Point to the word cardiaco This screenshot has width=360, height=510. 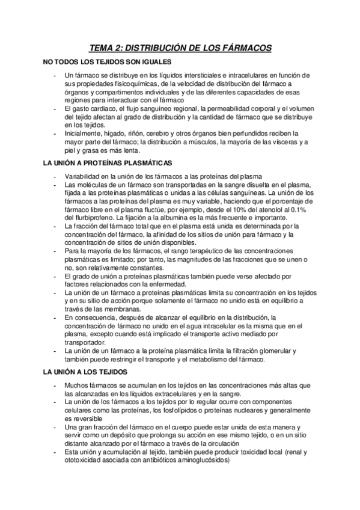coord(101,108)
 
